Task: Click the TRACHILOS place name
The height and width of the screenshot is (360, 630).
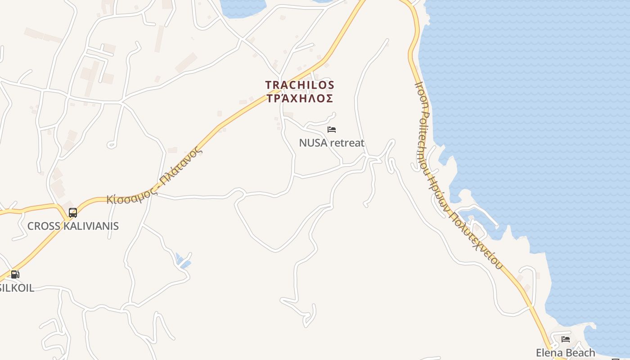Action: (x=300, y=85)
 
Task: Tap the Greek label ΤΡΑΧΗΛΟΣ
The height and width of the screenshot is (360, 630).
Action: (x=300, y=99)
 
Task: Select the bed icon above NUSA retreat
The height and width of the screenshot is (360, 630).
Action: (x=332, y=130)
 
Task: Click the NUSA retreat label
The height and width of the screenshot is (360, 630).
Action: (x=332, y=143)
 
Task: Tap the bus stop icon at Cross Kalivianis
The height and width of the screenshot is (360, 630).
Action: (x=73, y=212)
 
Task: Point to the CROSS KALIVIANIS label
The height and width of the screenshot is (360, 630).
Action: (x=73, y=226)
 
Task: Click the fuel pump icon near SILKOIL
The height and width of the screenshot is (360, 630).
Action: (x=15, y=274)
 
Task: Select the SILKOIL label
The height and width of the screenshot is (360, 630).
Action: (x=17, y=288)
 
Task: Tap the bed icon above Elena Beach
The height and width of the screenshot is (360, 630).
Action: (x=566, y=339)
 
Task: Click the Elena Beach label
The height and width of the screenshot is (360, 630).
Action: (x=565, y=353)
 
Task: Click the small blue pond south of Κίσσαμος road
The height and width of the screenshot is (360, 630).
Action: (x=183, y=261)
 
